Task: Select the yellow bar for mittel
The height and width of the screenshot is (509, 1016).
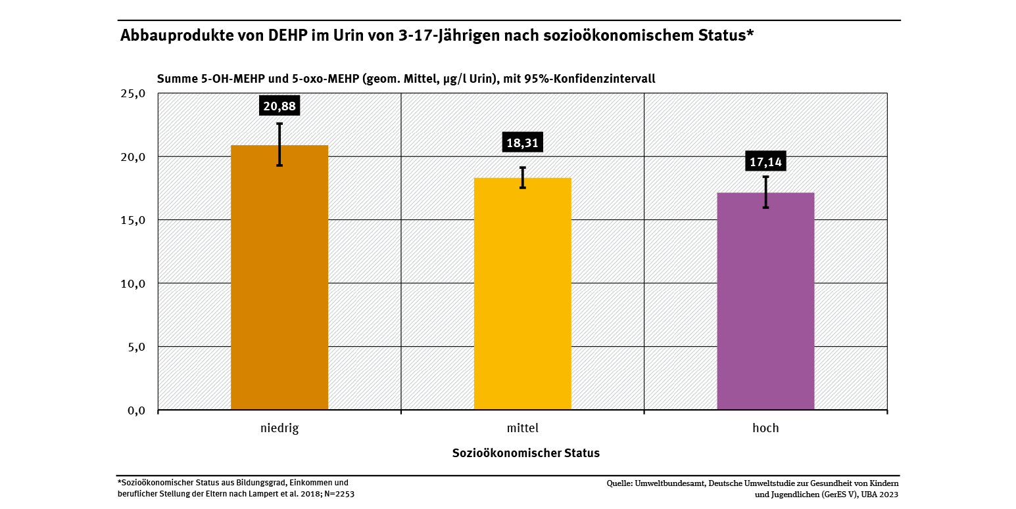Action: click(x=522, y=296)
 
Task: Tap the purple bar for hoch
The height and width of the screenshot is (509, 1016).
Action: click(x=765, y=302)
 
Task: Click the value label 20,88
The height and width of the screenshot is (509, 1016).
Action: click(x=279, y=106)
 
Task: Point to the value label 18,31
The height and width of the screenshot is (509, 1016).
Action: click(x=523, y=143)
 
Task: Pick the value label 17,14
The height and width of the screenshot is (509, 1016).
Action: click(x=766, y=162)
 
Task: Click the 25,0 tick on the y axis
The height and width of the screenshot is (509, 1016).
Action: click(x=133, y=93)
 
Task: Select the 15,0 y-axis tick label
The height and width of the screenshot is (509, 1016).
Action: click(x=133, y=220)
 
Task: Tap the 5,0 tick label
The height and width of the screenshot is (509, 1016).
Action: click(x=136, y=347)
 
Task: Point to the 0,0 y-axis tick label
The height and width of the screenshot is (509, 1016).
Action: click(x=136, y=410)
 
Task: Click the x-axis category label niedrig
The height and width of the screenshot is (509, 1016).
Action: click(x=279, y=428)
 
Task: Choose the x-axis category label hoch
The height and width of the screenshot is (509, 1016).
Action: click(x=765, y=428)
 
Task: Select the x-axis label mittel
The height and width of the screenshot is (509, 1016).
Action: click(x=523, y=428)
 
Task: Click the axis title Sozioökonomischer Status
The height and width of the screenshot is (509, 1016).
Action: click(x=526, y=453)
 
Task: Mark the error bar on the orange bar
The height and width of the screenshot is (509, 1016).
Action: click(x=279, y=144)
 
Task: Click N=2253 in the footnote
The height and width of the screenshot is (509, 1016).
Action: click(x=339, y=494)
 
